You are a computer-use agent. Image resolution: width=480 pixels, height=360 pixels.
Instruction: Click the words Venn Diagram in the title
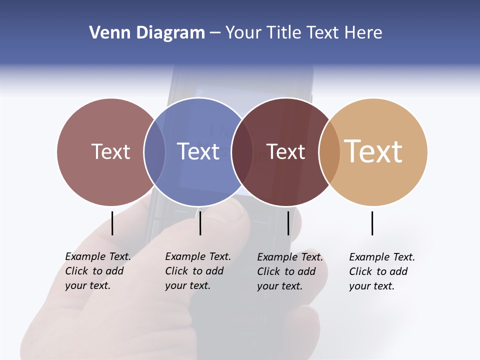click(147, 33)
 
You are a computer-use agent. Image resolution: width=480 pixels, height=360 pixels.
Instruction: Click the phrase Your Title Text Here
click(303, 33)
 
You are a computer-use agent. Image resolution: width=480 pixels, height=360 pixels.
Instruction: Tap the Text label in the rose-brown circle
click(110, 151)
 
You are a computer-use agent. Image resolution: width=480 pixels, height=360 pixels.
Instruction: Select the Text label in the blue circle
click(198, 151)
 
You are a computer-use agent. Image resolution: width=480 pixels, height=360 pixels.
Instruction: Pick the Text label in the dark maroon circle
click(286, 151)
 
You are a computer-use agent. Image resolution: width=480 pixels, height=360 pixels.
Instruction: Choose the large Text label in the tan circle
click(373, 151)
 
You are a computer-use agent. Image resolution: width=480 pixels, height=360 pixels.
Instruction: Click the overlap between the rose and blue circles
click(154, 151)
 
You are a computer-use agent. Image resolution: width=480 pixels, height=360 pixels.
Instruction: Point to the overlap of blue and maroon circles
click(242, 151)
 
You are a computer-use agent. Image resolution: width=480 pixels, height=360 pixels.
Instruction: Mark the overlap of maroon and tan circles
click(329, 151)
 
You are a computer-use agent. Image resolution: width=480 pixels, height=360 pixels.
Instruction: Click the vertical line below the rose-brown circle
click(112, 223)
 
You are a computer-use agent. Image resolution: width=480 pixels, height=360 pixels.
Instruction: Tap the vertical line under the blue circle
click(200, 223)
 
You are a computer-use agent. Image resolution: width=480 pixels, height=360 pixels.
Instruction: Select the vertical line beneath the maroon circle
click(288, 223)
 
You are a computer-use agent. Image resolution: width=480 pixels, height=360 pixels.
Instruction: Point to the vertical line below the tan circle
click(372, 223)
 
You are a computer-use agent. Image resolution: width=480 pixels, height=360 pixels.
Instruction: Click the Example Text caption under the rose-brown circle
click(98, 271)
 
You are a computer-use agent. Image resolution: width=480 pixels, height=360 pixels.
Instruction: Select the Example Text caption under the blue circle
click(198, 271)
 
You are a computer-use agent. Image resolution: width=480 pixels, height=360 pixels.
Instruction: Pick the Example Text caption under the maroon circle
click(290, 271)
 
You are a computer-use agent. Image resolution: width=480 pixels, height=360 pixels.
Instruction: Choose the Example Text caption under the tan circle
click(382, 271)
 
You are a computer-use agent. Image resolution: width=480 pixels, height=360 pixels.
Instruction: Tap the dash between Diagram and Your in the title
click(215, 33)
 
